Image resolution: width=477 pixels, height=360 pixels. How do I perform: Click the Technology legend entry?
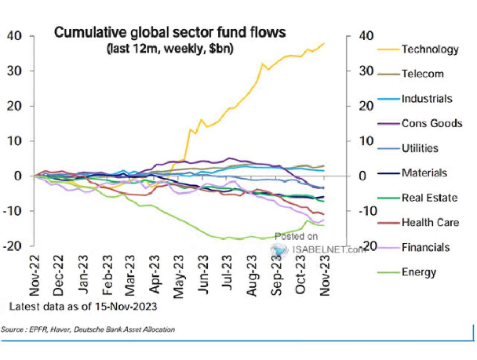click(x=430, y=49)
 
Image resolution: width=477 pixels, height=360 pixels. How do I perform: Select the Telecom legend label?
click(x=423, y=74)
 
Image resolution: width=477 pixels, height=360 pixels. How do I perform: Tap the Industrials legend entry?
click(x=427, y=99)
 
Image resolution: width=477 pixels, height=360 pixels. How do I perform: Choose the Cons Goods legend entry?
click(x=431, y=123)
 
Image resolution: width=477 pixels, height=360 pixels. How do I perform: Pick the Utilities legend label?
click(x=420, y=148)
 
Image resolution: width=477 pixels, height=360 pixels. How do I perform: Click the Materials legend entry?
click(x=424, y=173)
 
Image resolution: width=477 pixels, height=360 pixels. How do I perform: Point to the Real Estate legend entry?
click(x=429, y=198)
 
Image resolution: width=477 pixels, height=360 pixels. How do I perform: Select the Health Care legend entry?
click(x=430, y=222)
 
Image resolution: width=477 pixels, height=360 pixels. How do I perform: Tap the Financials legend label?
click(x=425, y=247)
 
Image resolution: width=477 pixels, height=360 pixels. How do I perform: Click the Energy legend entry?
click(x=419, y=272)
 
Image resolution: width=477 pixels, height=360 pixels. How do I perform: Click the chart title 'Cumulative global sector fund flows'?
click(x=169, y=33)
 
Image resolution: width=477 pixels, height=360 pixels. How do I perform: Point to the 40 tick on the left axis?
click(x=15, y=36)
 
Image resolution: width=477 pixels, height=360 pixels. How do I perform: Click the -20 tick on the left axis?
click(x=13, y=245)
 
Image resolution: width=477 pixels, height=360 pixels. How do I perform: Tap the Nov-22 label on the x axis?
click(x=35, y=275)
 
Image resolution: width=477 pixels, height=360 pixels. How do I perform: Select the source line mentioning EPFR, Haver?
click(x=88, y=329)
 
